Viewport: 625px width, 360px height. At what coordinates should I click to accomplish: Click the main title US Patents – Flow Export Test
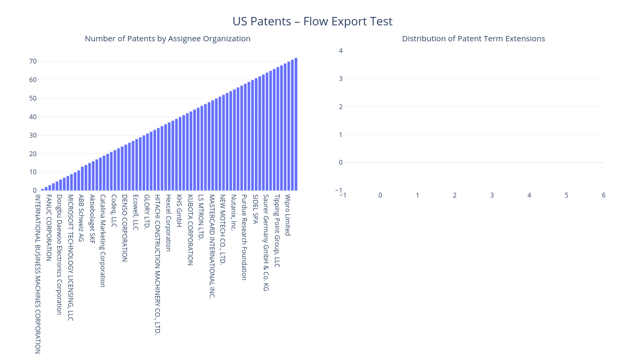pyautogui.click(x=312, y=21)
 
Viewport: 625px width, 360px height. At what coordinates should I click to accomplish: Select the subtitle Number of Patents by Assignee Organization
pyautogui.click(x=167, y=39)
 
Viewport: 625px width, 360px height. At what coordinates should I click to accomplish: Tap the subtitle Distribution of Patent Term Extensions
pyautogui.click(x=473, y=39)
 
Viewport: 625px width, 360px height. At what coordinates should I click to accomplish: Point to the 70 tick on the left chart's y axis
pyautogui.click(x=33, y=61)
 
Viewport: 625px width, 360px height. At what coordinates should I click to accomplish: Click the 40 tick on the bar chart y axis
pyautogui.click(x=33, y=116)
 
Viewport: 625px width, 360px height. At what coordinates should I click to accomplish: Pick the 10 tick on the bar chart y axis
pyautogui.click(x=33, y=172)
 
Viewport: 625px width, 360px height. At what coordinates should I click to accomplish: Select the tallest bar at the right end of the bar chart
pyautogui.click(x=296, y=124)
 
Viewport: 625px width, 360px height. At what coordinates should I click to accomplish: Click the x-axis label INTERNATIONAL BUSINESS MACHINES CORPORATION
pyautogui.click(x=38, y=274)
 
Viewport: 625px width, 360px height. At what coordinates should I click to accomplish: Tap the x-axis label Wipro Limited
pyautogui.click(x=288, y=215)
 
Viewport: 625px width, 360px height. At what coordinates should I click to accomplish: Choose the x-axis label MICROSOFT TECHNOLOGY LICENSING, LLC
pyautogui.click(x=70, y=258)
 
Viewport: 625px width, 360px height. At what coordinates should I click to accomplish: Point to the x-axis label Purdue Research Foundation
pyautogui.click(x=244, y=237)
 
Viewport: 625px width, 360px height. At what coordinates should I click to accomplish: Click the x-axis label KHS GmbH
pyautogui.click(x=180, y=211)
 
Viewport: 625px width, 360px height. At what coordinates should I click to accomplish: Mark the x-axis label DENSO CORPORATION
pyautogui.click(x=125, y=228)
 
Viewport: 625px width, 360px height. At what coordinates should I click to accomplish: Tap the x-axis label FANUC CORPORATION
pyautogui.click(x=49, y=228)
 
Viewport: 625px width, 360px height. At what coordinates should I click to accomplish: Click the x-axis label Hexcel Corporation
pyautogui.click(x=168, y=223)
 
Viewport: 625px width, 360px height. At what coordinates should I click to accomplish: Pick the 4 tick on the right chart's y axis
pyautogui.click(x=341, y=51)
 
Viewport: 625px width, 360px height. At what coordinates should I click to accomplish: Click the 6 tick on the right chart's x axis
pyautogui.click(x=603, y=195)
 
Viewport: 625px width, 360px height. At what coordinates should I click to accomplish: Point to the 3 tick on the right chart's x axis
pyautogui.click(x=492, y=195)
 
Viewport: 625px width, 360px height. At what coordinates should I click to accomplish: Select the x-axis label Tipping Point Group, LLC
pyautogui.click(x=277, y=231)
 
